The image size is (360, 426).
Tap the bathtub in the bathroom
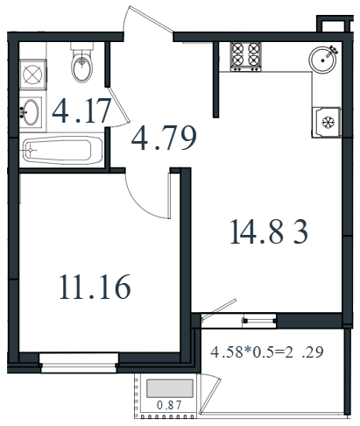coord(62,150)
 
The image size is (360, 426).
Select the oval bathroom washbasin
coord(31,112)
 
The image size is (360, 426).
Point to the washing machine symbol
coord(32,75)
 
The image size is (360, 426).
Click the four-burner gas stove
coord(245,57)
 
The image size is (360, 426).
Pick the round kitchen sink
coord(322,60)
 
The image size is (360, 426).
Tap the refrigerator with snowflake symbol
coord(327,122)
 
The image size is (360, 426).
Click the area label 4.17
coord(81,111)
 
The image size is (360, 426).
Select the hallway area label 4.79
coord(164,138)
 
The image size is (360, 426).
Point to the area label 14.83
coord(269,231)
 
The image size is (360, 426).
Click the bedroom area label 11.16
coord(95,287)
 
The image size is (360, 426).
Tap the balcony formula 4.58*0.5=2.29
coord(267,351)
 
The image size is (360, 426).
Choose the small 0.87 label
coord(169,405)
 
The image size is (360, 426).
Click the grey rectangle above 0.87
coord(170,388)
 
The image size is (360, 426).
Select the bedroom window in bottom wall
coord(79,363)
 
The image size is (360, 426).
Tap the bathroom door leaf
coord(118,104)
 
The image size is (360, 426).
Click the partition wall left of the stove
coord(216,80)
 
